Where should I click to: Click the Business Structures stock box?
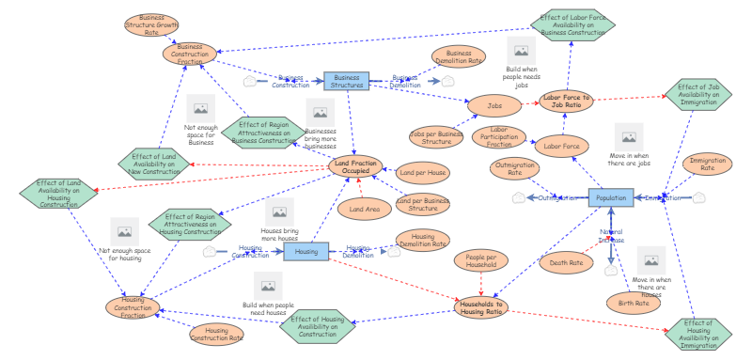click(347, 82)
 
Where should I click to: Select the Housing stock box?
click(306, 251)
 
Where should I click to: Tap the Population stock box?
click(611, 198)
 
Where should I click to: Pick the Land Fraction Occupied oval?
click(356, 167)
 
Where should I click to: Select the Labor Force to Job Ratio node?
click(566, 102)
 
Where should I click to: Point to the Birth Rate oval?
click(634, 303)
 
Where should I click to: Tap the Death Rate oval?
click(566, 263)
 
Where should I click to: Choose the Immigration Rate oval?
click(708, 166)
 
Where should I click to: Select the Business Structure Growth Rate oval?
click(151, 24)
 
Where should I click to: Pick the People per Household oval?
click(481, 260)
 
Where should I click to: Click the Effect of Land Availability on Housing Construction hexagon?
click(58, 195)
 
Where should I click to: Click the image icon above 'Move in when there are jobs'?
click(627, 136)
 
